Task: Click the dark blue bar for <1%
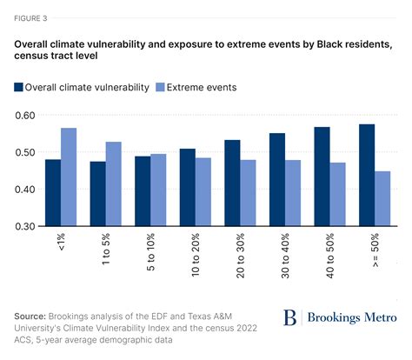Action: point(53,192)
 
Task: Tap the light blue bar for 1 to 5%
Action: point(114,183)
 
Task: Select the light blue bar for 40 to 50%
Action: point(337,194)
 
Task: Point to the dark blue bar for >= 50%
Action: point(366,175)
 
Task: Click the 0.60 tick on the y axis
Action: point(24,116)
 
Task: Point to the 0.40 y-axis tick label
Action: point(24,189)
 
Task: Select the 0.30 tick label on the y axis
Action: point(24,226)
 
